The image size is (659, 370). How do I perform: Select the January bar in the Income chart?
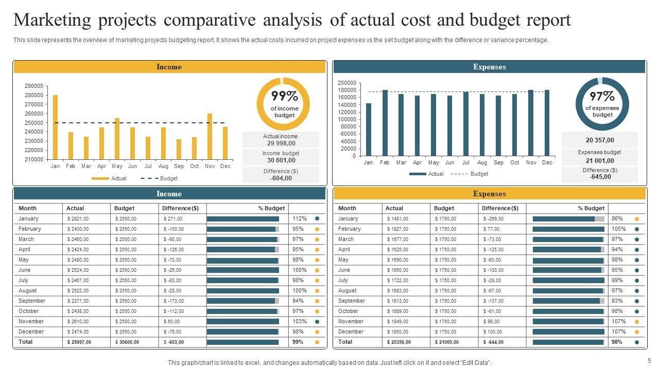(x=55, y=127)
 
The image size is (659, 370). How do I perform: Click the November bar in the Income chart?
(x=210, y=136)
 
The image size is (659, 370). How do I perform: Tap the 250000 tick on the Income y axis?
(x=33, y=123)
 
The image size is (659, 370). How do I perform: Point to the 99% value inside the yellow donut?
(x=284, y=96)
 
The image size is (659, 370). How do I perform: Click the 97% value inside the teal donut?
(x=602, y=96)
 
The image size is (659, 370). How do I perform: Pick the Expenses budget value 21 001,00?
(x=599, y=161)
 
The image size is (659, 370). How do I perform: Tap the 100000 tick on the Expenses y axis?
(x=346, y=119)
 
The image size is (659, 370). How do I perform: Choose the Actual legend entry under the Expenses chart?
(x=436, y=174)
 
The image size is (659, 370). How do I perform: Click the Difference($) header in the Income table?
(x=180, y=208)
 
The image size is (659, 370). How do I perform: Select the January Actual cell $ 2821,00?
(x=78, y=219)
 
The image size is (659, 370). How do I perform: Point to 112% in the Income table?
(x=300, y=218)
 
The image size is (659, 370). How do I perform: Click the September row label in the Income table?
(x=32, y=301)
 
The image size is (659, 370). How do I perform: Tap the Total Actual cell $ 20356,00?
(x=397, y=342)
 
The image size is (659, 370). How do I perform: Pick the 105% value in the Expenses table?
(x=619, y=229)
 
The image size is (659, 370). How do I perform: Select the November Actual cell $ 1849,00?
(x=397, y=322)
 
